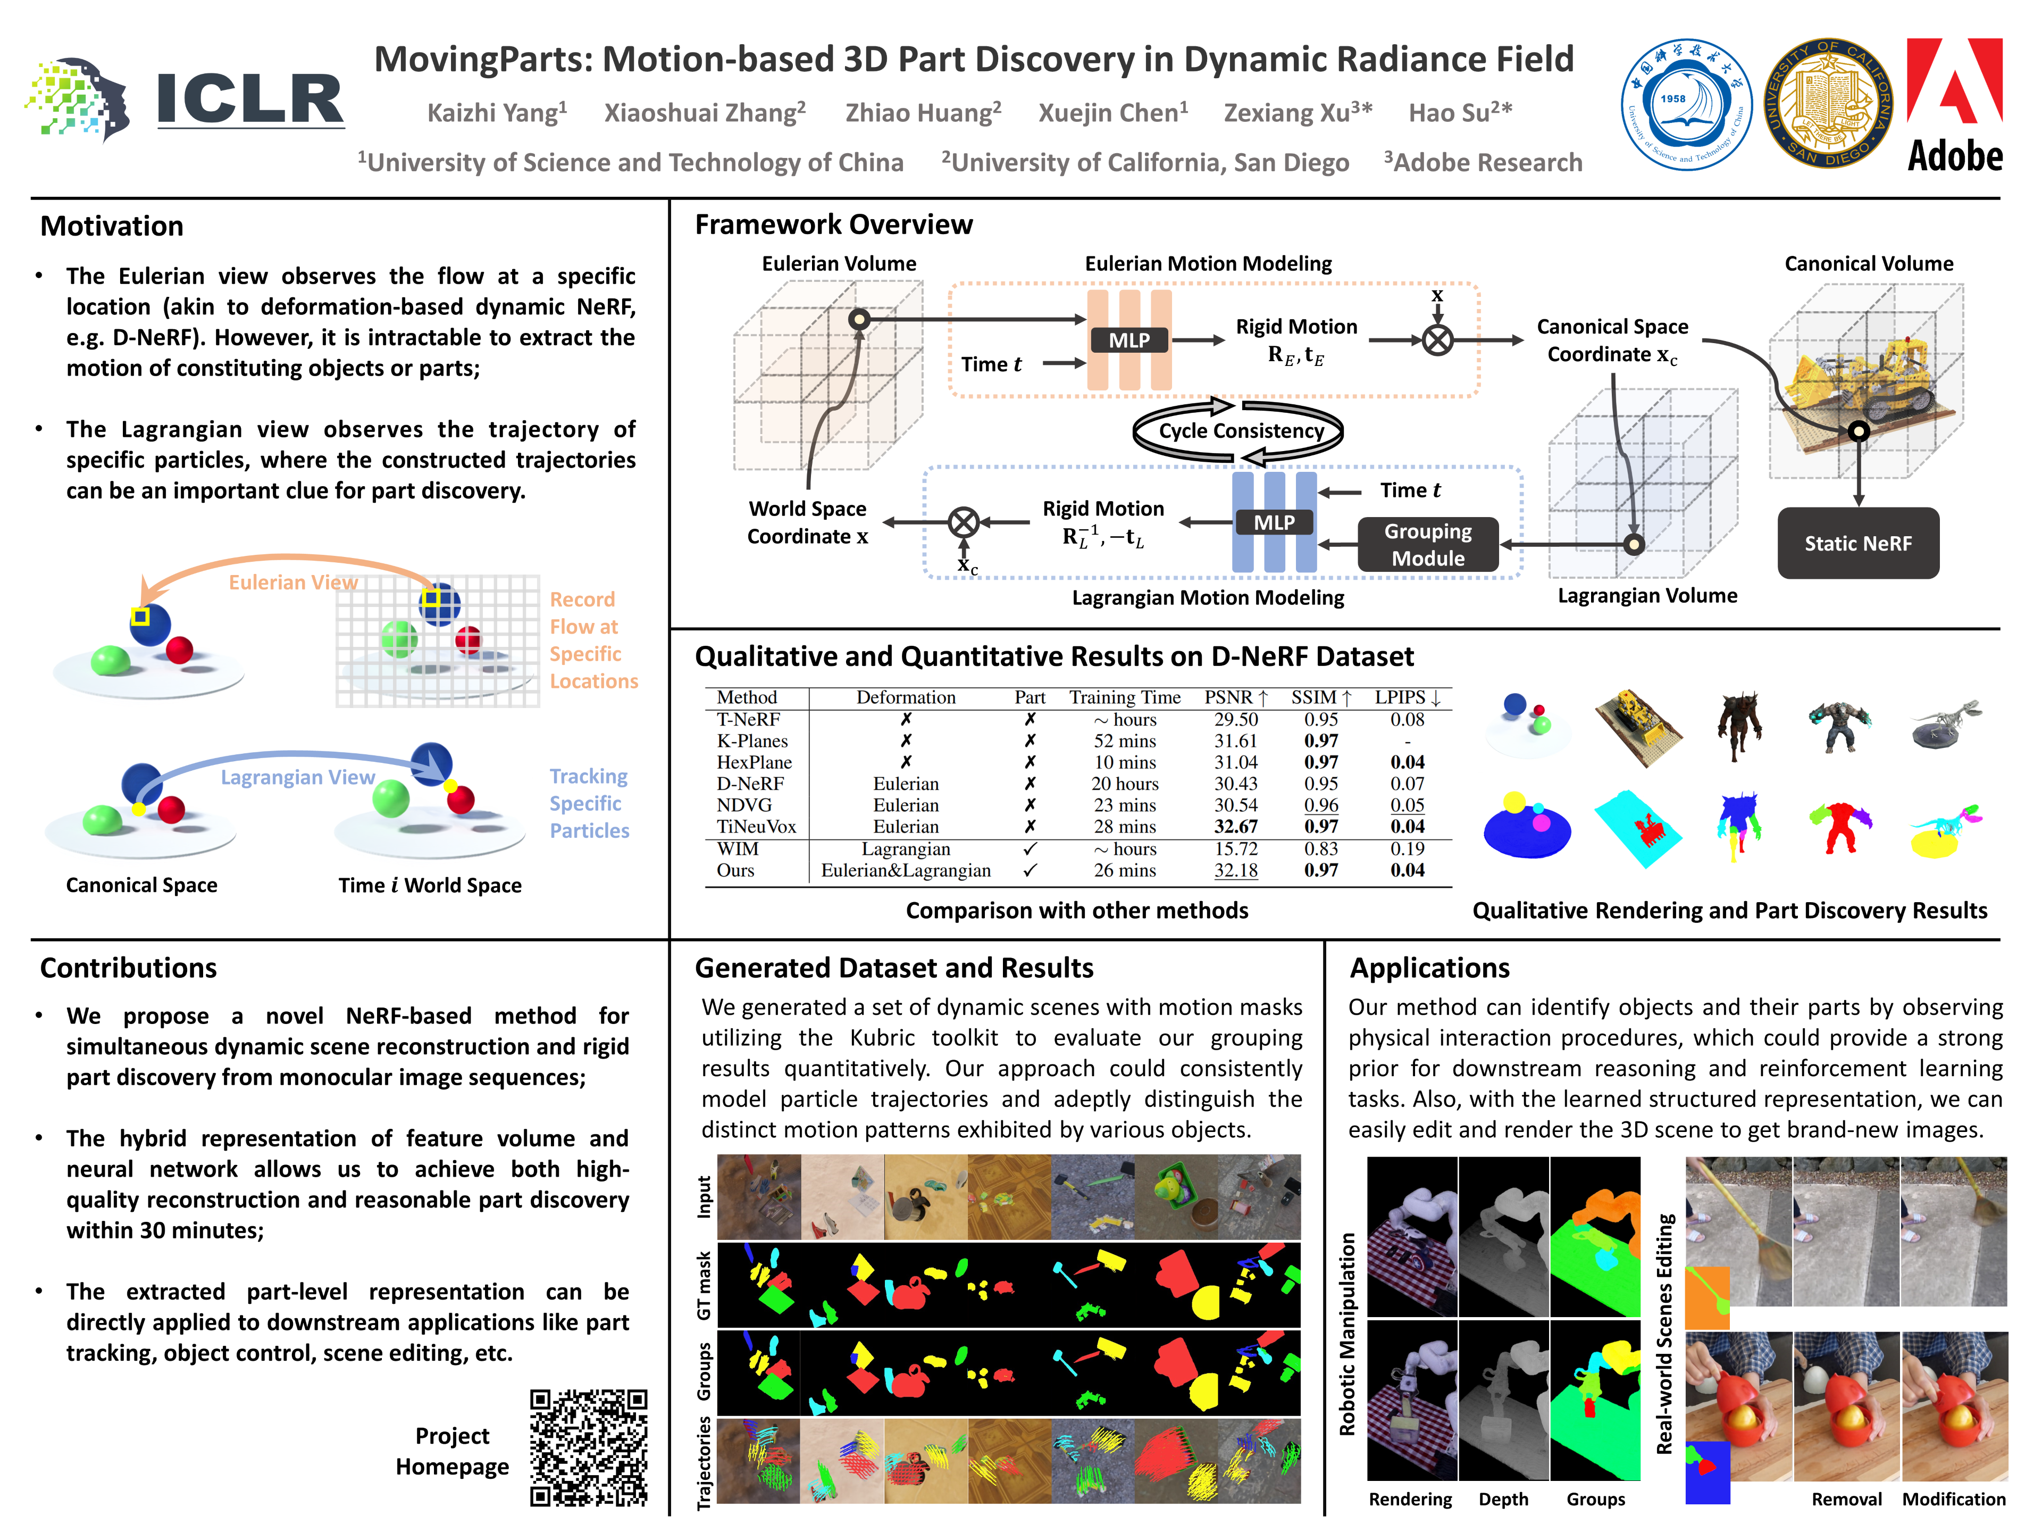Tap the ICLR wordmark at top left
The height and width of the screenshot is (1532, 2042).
point(249,99)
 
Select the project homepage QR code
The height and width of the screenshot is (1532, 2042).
point(588,1447)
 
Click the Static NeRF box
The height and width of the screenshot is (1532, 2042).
point(1857,543)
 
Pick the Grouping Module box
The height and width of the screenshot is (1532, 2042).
point(1427,545)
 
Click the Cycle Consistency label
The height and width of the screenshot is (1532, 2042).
point(1241,431)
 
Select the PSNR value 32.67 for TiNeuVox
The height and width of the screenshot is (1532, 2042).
point(1235,827)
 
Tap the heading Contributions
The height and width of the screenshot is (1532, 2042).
point(128,968)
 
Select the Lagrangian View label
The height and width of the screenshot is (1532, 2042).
point(297,778)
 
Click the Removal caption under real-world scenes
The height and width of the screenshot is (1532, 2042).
point(1845,1499)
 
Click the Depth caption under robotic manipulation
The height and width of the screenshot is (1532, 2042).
point(1503,1499)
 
